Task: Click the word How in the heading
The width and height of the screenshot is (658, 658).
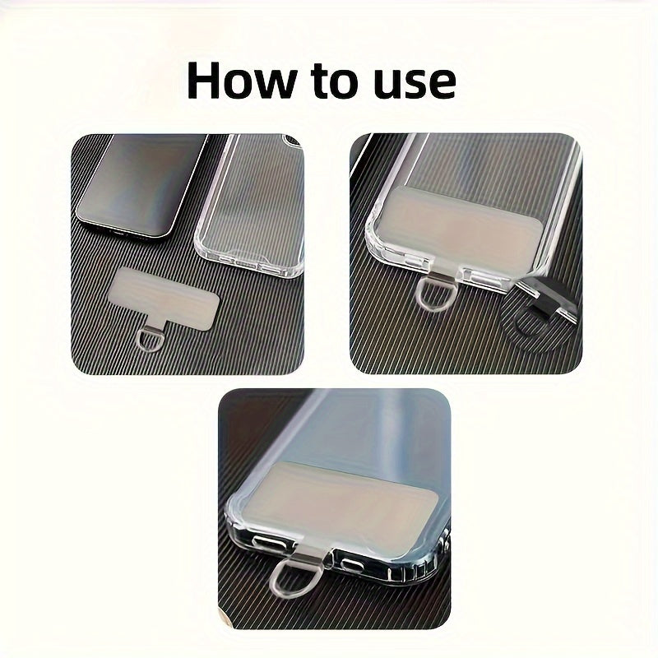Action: point(242,80)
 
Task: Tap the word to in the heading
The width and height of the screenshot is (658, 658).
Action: point(334,81)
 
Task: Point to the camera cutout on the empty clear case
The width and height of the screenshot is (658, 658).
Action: point(293,141)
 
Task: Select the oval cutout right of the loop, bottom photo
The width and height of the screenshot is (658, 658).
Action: point(352,566)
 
